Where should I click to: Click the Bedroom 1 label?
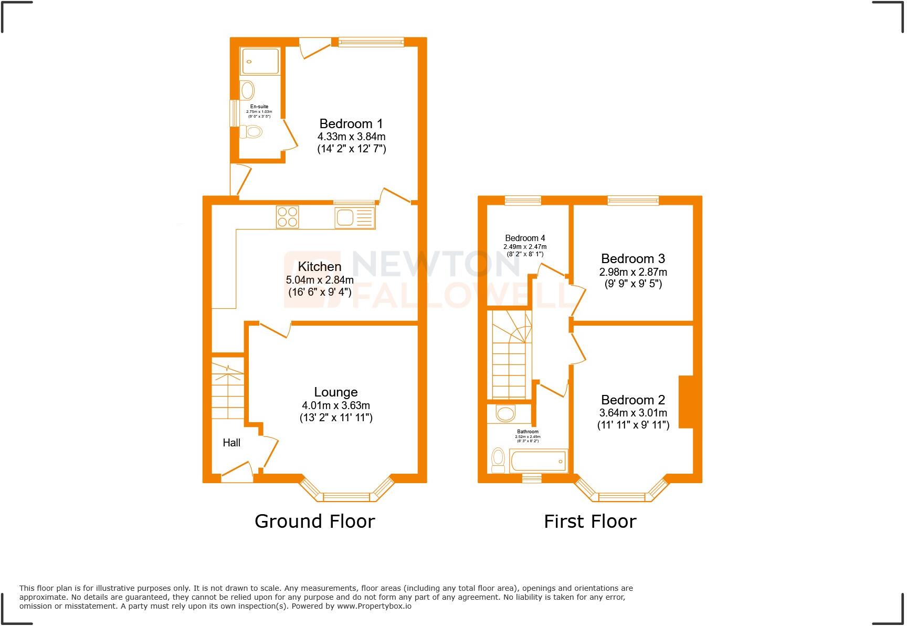coord(351,124)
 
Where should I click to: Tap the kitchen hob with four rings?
coord(287,217)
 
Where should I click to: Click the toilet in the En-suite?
coord(252,132)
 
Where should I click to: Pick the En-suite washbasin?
coord(247,90)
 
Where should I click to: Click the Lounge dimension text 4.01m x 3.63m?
coord(336,405)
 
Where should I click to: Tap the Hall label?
coord(231,443)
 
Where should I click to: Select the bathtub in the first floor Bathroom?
coord(538,461)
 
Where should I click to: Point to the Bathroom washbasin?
coord(505,414)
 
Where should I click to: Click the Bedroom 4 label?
coord(525,238)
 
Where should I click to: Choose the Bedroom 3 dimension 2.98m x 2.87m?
coord(633,272)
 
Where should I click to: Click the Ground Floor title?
coord(314,521)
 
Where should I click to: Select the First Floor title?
coord(590,521)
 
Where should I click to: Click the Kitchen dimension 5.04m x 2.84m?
coord(320,280)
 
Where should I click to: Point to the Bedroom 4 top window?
coord(523,200)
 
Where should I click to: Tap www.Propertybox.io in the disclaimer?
coord(374,606)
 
